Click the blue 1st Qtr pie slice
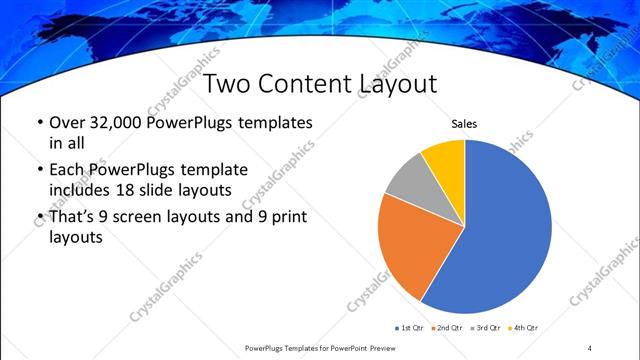click(505, 230)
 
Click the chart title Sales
click(465, 124)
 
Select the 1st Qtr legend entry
click(411, 327)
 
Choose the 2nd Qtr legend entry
click(448, 327)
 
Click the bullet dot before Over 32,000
click(39, 124)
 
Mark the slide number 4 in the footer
click(590, 348)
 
